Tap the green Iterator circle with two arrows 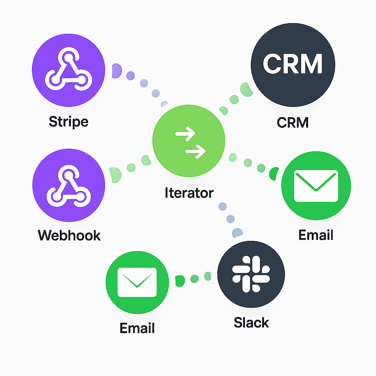pyautogui.click(x=188, y=141)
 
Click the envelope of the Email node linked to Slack pyautogui.click(x=137, y=282)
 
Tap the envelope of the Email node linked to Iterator pyautogui.click(x=316, y=186)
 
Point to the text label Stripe pyautogui.click(x=69, y=122)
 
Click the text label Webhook pyautogui.click(x=69, y=235)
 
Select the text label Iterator pyautogui.click(x=189, y=192)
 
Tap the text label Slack pyautogui.click(x=251, y=322)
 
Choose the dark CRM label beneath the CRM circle pyautogui.click(x=293, y=122)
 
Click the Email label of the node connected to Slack pyautogui.click(x=137, y=328)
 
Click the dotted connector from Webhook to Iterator pyautogui.click(x=131, y=167)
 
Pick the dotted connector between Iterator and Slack pyautogui.click(x=230, y=219)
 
